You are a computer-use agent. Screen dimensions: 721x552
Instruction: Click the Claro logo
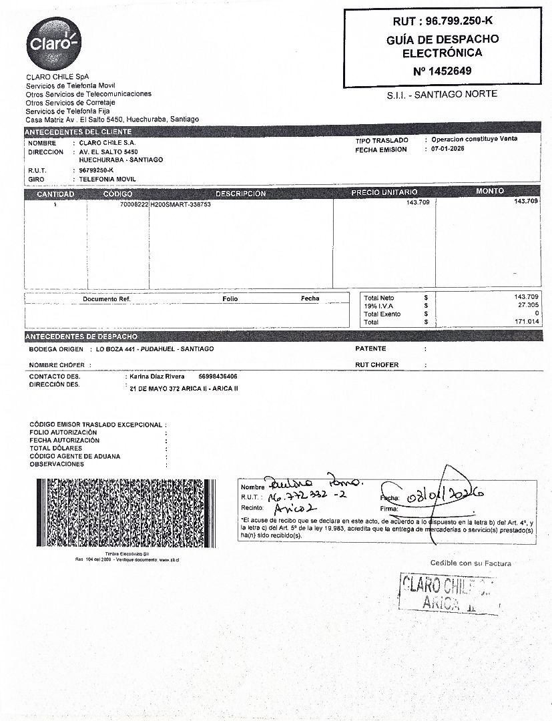pos(53,44)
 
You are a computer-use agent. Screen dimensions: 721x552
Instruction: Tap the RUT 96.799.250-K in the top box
pos(442,21)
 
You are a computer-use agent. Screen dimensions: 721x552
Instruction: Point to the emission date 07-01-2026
pos(448,149)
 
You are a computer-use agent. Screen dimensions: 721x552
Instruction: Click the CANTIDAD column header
pos(55,194)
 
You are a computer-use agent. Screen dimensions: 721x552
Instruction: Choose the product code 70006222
pos(133,204)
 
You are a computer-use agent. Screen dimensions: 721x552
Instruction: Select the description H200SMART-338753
pos(181,204)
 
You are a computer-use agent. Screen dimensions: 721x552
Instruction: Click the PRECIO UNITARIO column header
pos(384,193)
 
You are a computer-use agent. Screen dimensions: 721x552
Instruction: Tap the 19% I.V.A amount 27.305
pos(526,304)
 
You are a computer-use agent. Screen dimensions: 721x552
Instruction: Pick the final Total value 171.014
pos(526,322)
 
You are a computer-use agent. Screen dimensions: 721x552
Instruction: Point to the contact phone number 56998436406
pos(218,377)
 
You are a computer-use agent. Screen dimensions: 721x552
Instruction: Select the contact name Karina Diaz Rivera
pos(157,377)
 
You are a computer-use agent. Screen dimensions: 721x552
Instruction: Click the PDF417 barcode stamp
pos(127,513)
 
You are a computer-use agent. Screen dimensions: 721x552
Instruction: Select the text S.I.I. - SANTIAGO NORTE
pos(442,95)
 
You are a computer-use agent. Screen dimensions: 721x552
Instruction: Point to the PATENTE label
pos(370,348)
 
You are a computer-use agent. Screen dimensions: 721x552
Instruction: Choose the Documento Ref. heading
pos(106,298)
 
